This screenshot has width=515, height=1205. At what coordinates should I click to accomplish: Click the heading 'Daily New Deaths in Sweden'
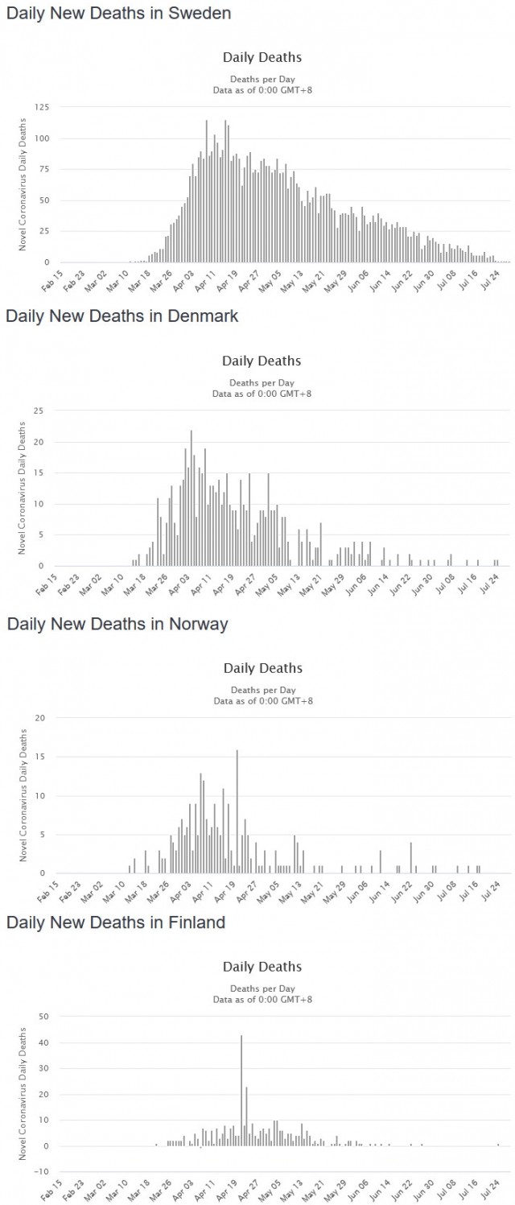(x=119, y=14)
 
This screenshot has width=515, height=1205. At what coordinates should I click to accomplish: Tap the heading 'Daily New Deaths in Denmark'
(x=122, y=316)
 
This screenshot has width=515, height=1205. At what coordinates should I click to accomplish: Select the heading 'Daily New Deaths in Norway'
(x=117, y=624)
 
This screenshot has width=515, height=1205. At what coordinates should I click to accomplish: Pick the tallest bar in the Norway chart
(x=237, y=811)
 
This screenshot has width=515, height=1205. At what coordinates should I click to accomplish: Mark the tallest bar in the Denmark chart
(x=192, y=498)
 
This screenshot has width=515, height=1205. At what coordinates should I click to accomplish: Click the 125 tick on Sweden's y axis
(x=42, y=107)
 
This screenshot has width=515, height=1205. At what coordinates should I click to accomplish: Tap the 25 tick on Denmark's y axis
(x=38, y=411)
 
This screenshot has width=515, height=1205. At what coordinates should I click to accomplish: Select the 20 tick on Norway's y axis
(x=40, y=718)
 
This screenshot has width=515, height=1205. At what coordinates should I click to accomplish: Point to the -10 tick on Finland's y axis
(x=40, y=1171)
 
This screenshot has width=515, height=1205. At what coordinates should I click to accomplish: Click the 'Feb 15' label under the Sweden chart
(x=52, y=281)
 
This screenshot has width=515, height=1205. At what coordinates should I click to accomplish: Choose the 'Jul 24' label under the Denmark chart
(x=490, y=584)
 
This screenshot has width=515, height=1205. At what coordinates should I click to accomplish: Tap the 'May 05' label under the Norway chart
(x=268, y=891)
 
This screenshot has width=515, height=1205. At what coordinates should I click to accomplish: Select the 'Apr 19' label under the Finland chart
(x=226, y=1190)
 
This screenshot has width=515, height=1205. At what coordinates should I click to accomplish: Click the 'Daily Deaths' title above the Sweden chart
(x=262, y=58)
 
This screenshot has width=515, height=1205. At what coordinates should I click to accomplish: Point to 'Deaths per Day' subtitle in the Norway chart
(x=263, y=690)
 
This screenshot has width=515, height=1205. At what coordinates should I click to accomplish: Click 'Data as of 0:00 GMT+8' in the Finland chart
(x=262, y=1000)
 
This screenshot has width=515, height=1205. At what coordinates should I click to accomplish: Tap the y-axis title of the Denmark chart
(x=22, y=488)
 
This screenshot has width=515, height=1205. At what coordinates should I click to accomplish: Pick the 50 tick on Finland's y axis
(x=43, y=1016)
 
